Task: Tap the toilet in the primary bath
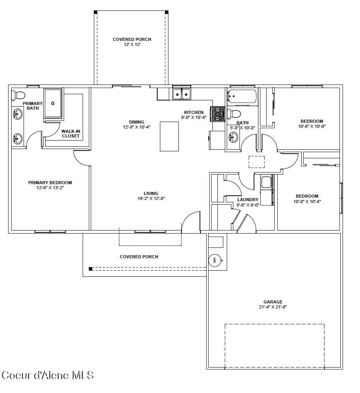(18, 95)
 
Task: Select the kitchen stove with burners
(217, 113)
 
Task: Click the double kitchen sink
(182, 94)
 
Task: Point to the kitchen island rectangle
(169, 136)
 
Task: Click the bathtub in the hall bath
(242, 97)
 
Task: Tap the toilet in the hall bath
(234, 114)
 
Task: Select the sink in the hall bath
(233, 137)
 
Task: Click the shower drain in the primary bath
(53, 103)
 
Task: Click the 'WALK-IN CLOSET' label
(71, 134)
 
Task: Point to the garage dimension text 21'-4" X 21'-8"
(273, 307)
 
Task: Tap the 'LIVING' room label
(151, 193)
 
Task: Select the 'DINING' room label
(137, 122)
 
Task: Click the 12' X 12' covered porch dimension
(132, 45)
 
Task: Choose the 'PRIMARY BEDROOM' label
(50, 183)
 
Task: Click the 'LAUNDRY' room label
(248, 200)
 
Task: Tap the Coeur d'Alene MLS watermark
(48, 375)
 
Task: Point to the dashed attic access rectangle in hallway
(256, 162)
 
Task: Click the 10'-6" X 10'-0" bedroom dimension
(312, 126)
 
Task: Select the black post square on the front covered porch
(91, 269)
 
